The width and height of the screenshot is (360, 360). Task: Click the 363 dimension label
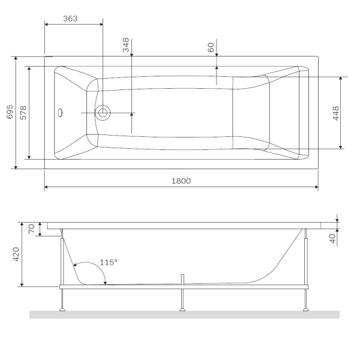(x=70, y=19)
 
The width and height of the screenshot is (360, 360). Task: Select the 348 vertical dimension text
(x=126, y=47)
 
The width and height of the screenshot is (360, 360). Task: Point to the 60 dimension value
(x=211, y=47)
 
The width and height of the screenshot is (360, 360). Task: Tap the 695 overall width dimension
(x=10, y=112)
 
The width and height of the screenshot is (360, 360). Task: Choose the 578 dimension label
(x=23, y=112)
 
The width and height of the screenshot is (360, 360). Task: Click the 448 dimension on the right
(x=336, y=113)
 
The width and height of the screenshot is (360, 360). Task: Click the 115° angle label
(x=109, y=262)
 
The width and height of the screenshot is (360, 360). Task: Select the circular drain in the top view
(x=103, y=112)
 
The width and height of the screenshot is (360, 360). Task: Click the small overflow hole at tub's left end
(x=60, y=112)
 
